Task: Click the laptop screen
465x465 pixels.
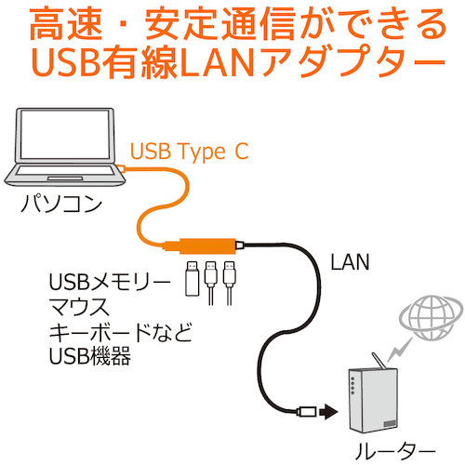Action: click(65, 134)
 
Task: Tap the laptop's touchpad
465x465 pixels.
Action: click(65, 179)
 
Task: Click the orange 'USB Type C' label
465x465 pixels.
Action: click(189, 152)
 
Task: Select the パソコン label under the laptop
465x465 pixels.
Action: click(61, 204)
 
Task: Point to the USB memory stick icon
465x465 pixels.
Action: click(193, 278)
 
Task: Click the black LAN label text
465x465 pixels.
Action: click(350, 262)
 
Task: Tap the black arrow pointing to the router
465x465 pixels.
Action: click(328, 412)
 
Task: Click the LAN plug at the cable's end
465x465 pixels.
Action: click(306, 412)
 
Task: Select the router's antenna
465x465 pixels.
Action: click(379, 361)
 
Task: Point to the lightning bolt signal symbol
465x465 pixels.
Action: click(399, 349)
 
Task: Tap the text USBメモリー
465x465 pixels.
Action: click(110, 282)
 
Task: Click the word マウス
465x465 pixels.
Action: click(79, 306)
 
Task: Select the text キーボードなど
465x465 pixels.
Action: click(121, 332)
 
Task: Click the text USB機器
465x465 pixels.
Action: click(90, 356)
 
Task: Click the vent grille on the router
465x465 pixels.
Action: click(390, 423)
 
